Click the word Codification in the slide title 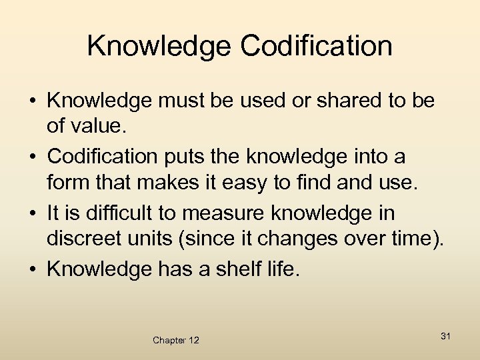click(317, 46)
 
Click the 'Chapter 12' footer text click(175, 340)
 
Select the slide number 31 click(445, 336)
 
